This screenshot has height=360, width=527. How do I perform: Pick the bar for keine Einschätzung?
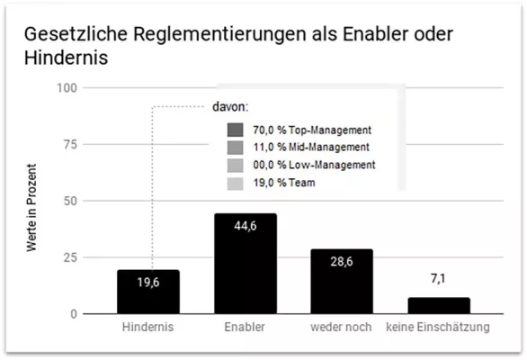[x=439, y=305]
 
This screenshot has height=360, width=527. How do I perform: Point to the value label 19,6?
[x=148, y=283]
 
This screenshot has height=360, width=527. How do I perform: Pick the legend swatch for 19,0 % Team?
[x=236, y=184]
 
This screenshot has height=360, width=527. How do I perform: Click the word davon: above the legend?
[x=229, y=107]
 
